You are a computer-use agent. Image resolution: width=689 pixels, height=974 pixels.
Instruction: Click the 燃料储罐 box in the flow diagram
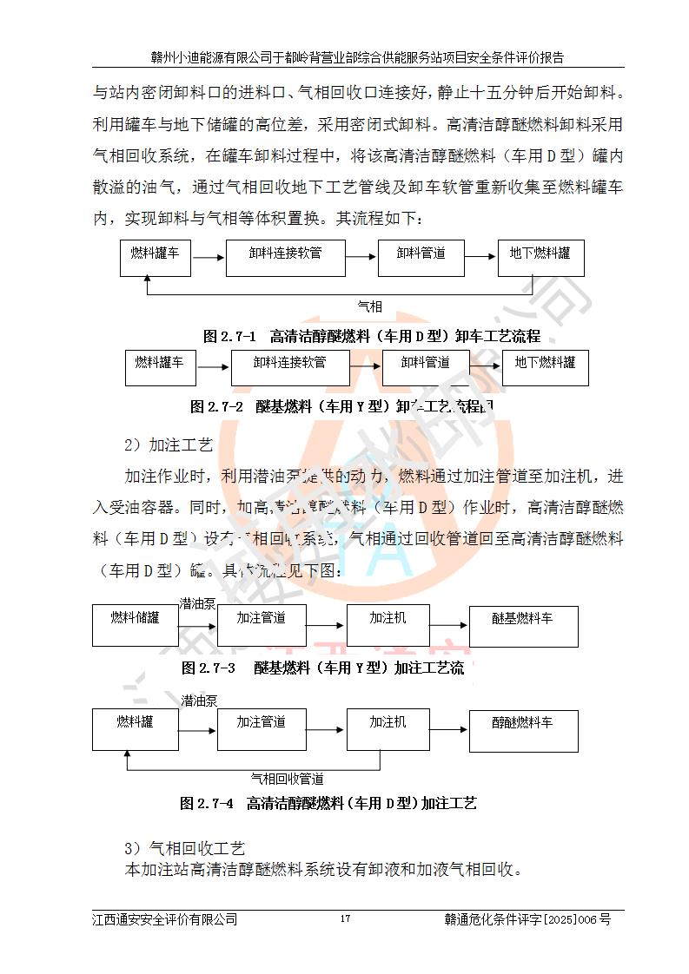tap(135, 625)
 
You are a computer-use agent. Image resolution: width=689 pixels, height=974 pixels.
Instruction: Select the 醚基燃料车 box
tap(523, 625)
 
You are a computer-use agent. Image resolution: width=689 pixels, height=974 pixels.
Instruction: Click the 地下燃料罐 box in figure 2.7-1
tap(540, 258)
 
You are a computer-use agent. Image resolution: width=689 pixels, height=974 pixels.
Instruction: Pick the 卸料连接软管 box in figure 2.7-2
tap(290, 368)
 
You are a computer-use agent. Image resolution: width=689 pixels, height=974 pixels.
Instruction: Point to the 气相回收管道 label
tap(288, 779)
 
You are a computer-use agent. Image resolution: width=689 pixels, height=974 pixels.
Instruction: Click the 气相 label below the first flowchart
tap(370, 306)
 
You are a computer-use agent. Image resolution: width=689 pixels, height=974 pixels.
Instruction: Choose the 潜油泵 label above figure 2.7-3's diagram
tap(198, 602)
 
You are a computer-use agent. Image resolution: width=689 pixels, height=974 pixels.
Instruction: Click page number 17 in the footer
tap(345, 919)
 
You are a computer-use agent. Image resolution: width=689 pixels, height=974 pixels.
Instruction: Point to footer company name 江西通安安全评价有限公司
tap(165, 919)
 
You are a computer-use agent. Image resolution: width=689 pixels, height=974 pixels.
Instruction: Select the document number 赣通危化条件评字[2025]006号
tap(527, 919)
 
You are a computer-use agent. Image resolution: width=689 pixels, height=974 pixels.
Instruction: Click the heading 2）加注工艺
tap(169, 445)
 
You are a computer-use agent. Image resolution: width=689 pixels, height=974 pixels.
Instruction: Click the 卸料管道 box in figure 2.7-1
tap(421, 258)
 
